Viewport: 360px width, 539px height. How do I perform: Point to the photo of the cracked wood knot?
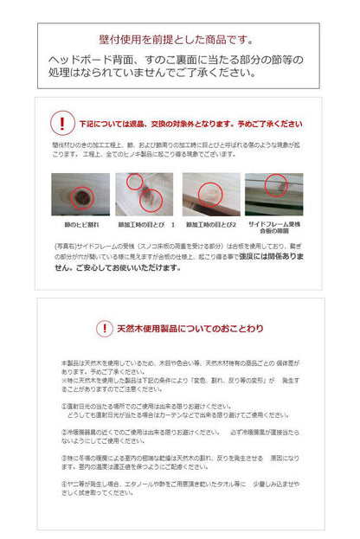80,194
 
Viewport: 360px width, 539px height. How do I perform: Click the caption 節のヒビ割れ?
80,223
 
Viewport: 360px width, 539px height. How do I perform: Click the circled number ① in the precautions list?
65,405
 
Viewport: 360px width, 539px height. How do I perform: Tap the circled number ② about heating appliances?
65,431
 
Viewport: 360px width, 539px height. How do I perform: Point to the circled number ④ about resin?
65,484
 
